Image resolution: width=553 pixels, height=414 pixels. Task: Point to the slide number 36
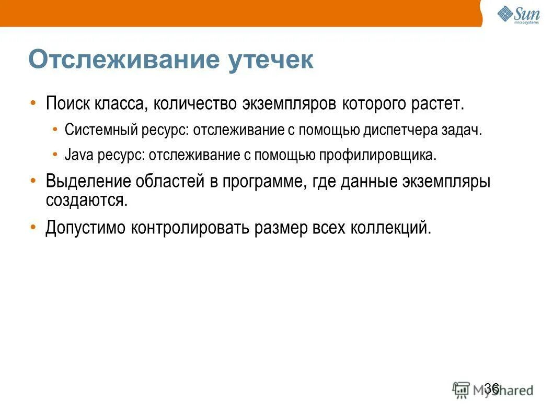point(491,387)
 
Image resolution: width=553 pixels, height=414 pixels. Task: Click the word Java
point(78,155)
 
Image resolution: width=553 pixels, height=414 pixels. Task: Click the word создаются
point(86,200)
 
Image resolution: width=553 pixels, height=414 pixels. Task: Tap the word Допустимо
point(85,228)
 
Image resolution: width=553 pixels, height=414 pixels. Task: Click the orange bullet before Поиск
point(34,102)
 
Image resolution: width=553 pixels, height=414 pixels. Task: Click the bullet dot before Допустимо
point(34,227)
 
